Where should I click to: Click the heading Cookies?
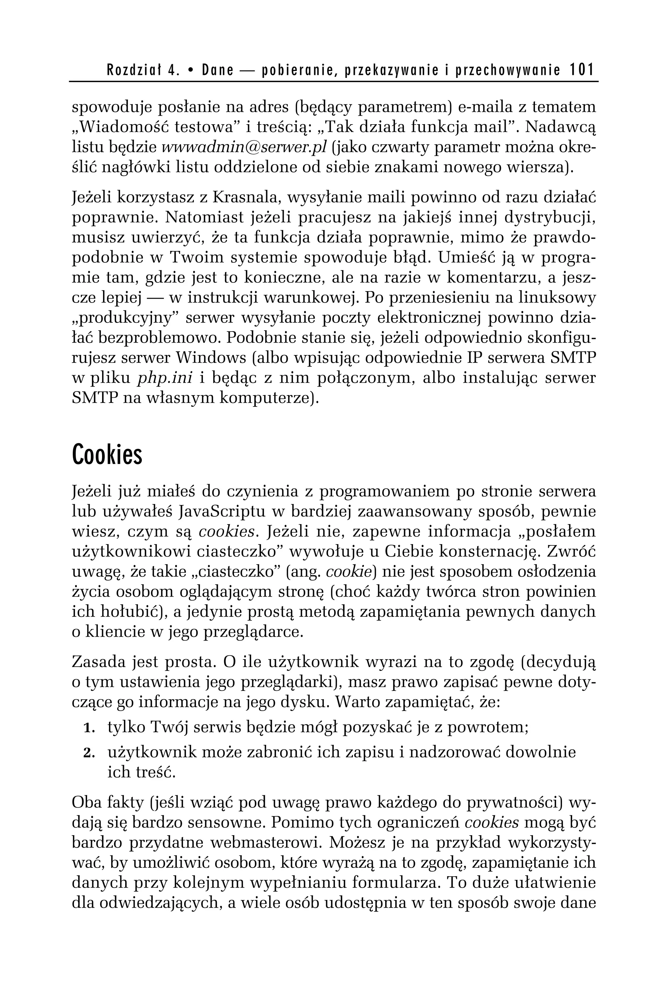107,455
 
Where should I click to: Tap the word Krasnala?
245,198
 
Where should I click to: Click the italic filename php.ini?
164,378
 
